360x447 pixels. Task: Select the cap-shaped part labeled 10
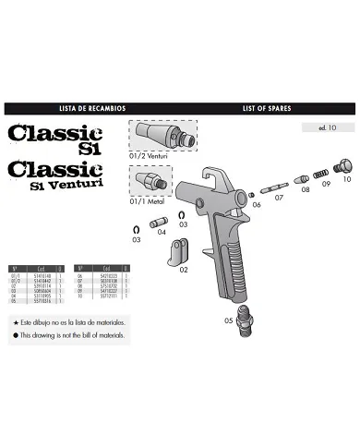tap(343, 166)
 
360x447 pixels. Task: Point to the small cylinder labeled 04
tap(158, 222)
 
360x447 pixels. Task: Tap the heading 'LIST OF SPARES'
tap(268, 108)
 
